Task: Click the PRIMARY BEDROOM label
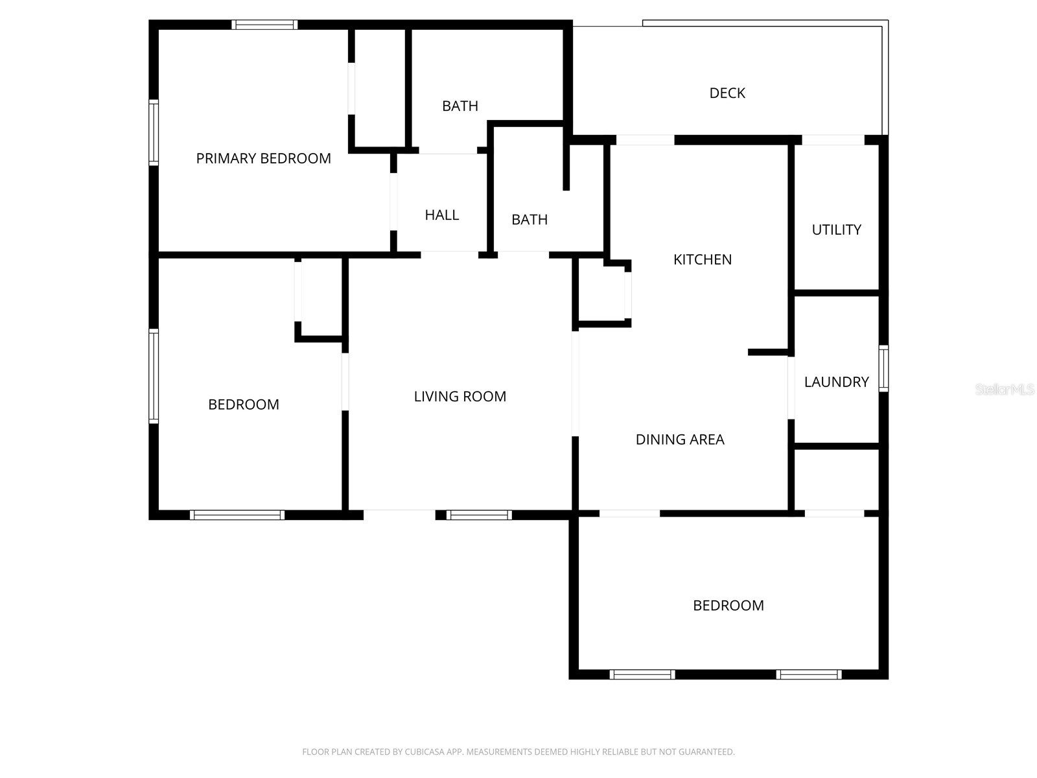pos(263,158)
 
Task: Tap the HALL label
pos(441,215)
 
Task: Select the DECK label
pos(727,93)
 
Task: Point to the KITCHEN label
pos(702,259)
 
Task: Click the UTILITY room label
pos(836,230)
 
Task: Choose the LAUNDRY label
pos(836,382)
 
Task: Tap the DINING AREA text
pos(679,440)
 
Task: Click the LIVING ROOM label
pos(460,396)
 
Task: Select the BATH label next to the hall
pos(529,220)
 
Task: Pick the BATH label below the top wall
pos(460,106)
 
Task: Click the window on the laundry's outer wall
pos(883,368)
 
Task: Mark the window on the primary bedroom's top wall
pos(264,25)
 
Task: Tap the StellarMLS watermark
pos(1004,389)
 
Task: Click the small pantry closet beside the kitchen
pos(601,293)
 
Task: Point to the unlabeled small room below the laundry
pos(836,478)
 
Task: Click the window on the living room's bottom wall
pos(479,515)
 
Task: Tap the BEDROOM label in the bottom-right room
pos(728,606)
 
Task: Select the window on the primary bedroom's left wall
pos(154,132)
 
